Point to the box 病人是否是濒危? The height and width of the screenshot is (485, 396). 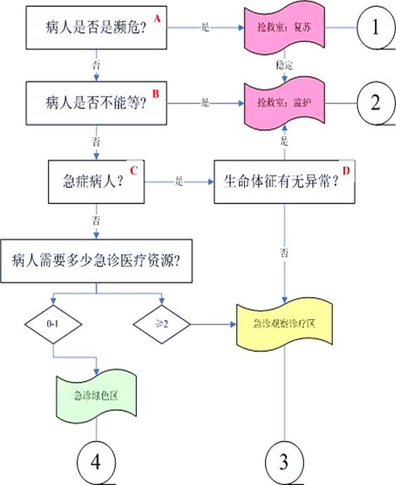[90, 28]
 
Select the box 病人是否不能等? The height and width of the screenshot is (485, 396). [90, 102]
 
